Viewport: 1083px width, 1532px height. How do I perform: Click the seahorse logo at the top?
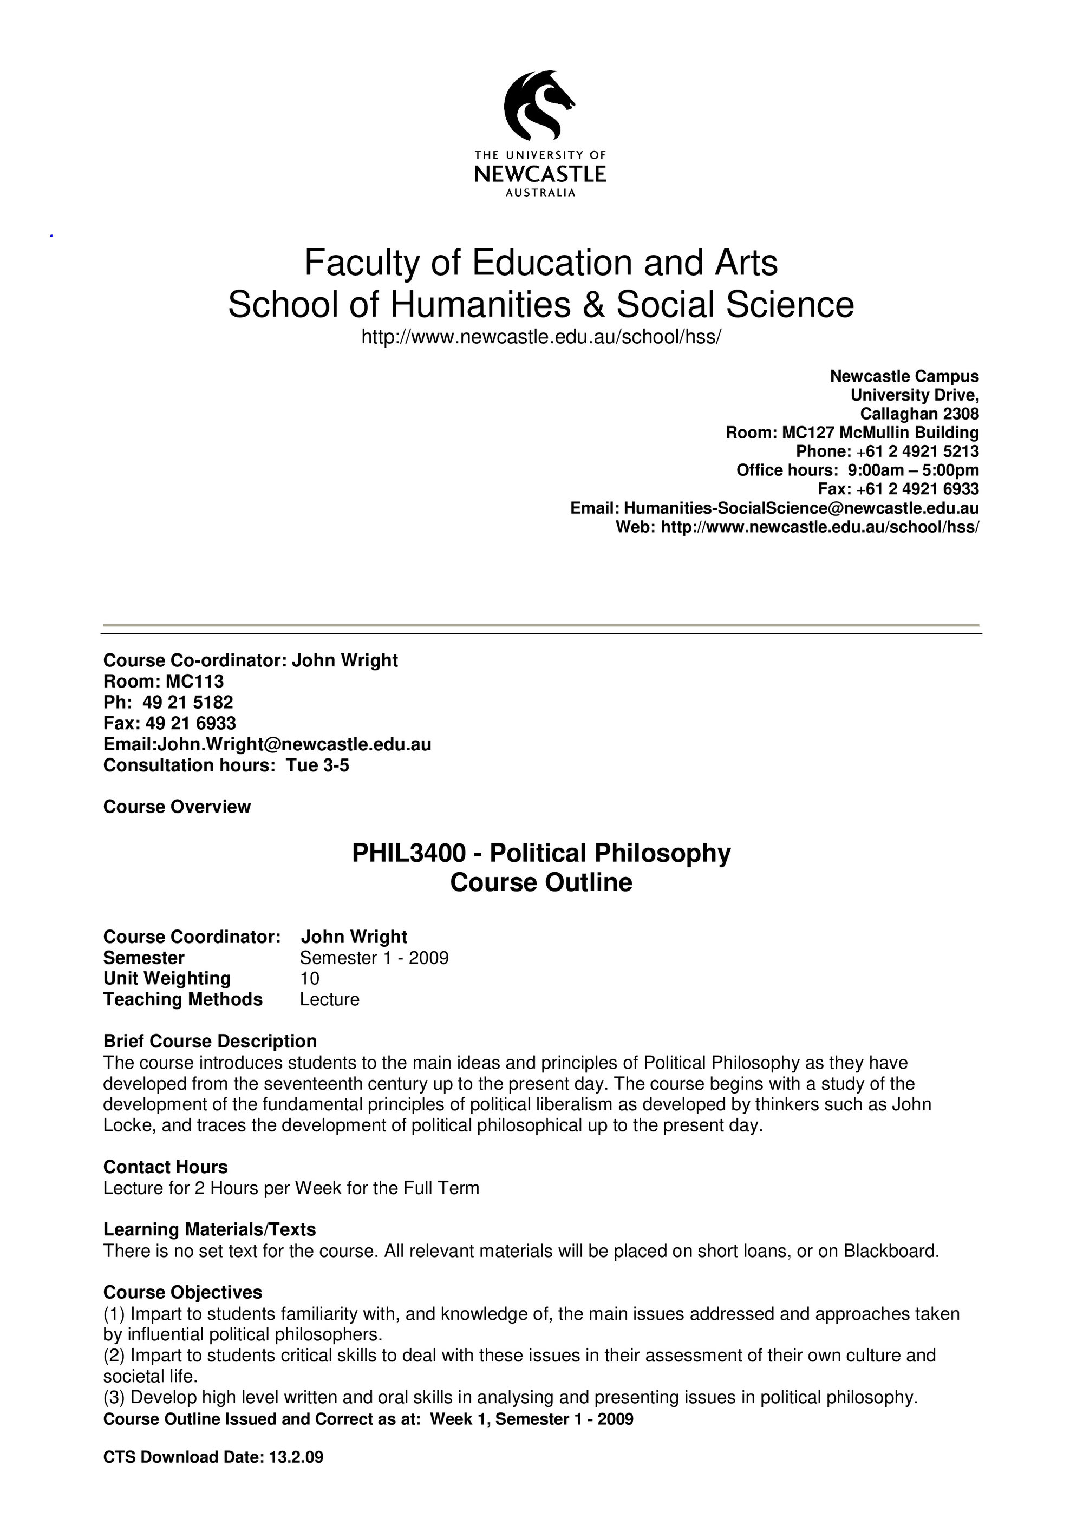click(x=539, y=106)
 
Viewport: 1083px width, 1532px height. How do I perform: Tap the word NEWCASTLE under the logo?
click(x=540, y=175)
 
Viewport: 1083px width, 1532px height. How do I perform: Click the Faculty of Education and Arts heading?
click(x=540, y=262)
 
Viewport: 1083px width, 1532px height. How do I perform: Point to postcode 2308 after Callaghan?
click(x=960, y=414)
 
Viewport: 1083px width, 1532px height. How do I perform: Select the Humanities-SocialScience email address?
click(x=801, y=508)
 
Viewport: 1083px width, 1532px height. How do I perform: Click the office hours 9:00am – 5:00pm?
click(x=913, y=470)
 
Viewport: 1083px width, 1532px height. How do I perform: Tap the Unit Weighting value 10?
click(x=310, y=978)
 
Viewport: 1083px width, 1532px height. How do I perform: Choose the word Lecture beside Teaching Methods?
click(x=329, y=999)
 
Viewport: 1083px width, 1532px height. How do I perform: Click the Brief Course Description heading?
click(x=210, y=1041)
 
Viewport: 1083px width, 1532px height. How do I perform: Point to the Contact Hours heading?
click(x=165, y=1167)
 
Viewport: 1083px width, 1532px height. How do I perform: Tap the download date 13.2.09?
click(x=296, y=1475)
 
